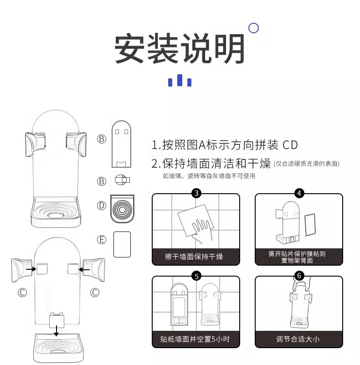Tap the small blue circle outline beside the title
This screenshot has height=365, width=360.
[253, 28]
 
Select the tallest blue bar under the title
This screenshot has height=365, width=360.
[180, 80]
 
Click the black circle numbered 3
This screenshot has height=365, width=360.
[196, 193]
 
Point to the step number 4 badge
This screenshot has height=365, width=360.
[299, 193]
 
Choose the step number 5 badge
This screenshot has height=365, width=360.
[196, 276]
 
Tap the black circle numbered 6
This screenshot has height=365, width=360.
[299, 276]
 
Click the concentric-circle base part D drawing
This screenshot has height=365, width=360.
[122, 209]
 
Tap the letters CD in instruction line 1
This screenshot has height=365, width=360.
[290, 145]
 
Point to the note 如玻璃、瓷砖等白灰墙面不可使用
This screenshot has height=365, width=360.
[209, 176]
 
